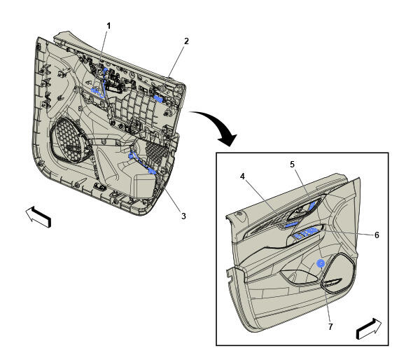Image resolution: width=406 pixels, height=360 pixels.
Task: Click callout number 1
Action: click(x=108, y=26)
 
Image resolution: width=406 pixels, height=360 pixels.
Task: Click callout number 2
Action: click(x=186, y=41)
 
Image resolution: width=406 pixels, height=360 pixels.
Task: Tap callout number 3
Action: click(x=183, y=216)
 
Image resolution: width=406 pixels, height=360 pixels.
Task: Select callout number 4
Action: click(x=242, y=176)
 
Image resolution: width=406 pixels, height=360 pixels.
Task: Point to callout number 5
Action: click(x=293, y=164)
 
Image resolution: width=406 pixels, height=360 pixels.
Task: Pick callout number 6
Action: click(x=377, y=235)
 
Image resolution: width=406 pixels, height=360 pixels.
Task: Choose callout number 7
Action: click(x=330, y=327)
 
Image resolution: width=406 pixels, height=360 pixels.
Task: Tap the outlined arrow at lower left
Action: click(x=38, y=216)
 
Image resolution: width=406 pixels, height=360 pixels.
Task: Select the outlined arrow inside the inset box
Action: click(x=369, y=329)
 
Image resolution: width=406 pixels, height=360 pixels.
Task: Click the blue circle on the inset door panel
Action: click(x=321, y=263)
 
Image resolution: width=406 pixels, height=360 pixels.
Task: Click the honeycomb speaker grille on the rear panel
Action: click(x=69, y=142)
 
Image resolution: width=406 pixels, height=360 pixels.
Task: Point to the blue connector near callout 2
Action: click(x=158, y=98)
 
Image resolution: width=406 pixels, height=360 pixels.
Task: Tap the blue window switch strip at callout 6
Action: click(x=306, y=233)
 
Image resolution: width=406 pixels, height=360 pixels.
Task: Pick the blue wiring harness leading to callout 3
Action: click(x=142, y=162)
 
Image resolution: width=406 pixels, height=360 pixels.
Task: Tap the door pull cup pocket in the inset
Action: click(x=299, y=277)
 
